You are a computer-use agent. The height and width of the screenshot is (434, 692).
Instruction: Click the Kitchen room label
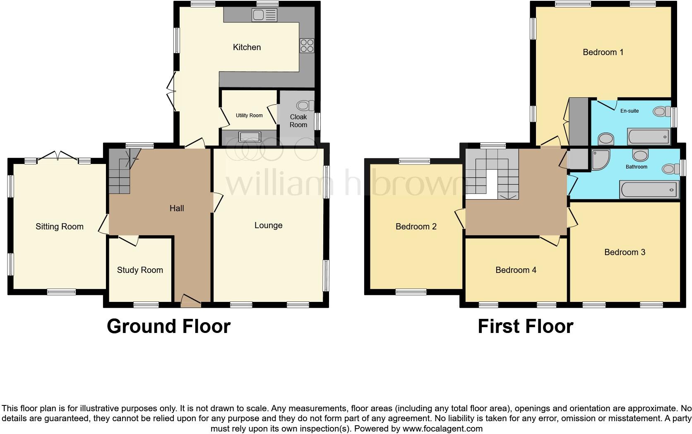point(247,47)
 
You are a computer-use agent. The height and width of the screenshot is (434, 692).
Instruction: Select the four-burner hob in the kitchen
point(307,45)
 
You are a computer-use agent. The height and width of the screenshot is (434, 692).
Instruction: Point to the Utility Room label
point(249,116)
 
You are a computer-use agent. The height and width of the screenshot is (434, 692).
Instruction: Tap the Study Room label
point(140,270)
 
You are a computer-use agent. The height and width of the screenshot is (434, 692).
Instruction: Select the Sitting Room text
point(60,227)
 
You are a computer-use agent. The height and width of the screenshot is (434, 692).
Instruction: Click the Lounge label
point(268,225)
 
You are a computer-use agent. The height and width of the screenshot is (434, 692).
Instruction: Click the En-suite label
point(629,111)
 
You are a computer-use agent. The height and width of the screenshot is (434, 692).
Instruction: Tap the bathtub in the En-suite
point(649,137)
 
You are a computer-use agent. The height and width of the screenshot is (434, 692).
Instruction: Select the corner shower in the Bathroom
point(600,160)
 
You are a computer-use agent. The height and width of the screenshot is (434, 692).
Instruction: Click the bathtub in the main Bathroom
point(649,190)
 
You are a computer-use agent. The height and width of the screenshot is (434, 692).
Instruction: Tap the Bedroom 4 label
point(516,270)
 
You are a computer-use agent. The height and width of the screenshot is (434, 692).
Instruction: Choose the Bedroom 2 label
point(416,227)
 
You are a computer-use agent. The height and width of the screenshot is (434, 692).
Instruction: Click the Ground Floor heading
point(168,326)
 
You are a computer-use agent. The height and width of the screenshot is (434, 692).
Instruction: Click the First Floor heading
point(525,326)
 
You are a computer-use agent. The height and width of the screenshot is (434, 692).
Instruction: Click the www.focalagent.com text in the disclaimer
point(442,429)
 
